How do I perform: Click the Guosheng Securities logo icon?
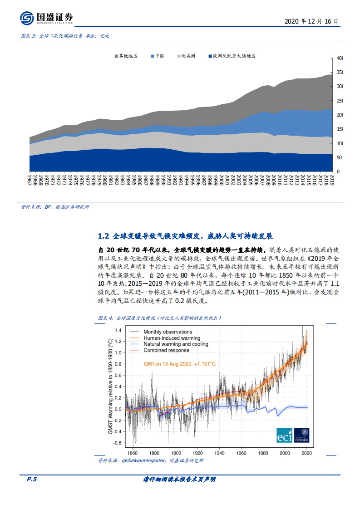click(27, 18)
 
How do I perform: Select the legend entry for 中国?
click(158, 56)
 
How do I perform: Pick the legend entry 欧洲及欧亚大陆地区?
click(232, 56)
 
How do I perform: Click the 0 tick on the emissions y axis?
click(338, 172)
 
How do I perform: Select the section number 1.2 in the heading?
click(104, 236)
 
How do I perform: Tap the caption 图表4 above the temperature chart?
click(105, 318)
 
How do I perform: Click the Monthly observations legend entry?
click(167, 332)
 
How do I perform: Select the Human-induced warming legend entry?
click(171, 338)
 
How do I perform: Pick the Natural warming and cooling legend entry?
click(175, 344)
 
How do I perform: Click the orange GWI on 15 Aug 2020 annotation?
click(179, 364)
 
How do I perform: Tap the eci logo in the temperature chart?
click(284, 435)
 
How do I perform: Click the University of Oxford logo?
click(301, 435)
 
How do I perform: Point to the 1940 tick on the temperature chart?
click(219, 453)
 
